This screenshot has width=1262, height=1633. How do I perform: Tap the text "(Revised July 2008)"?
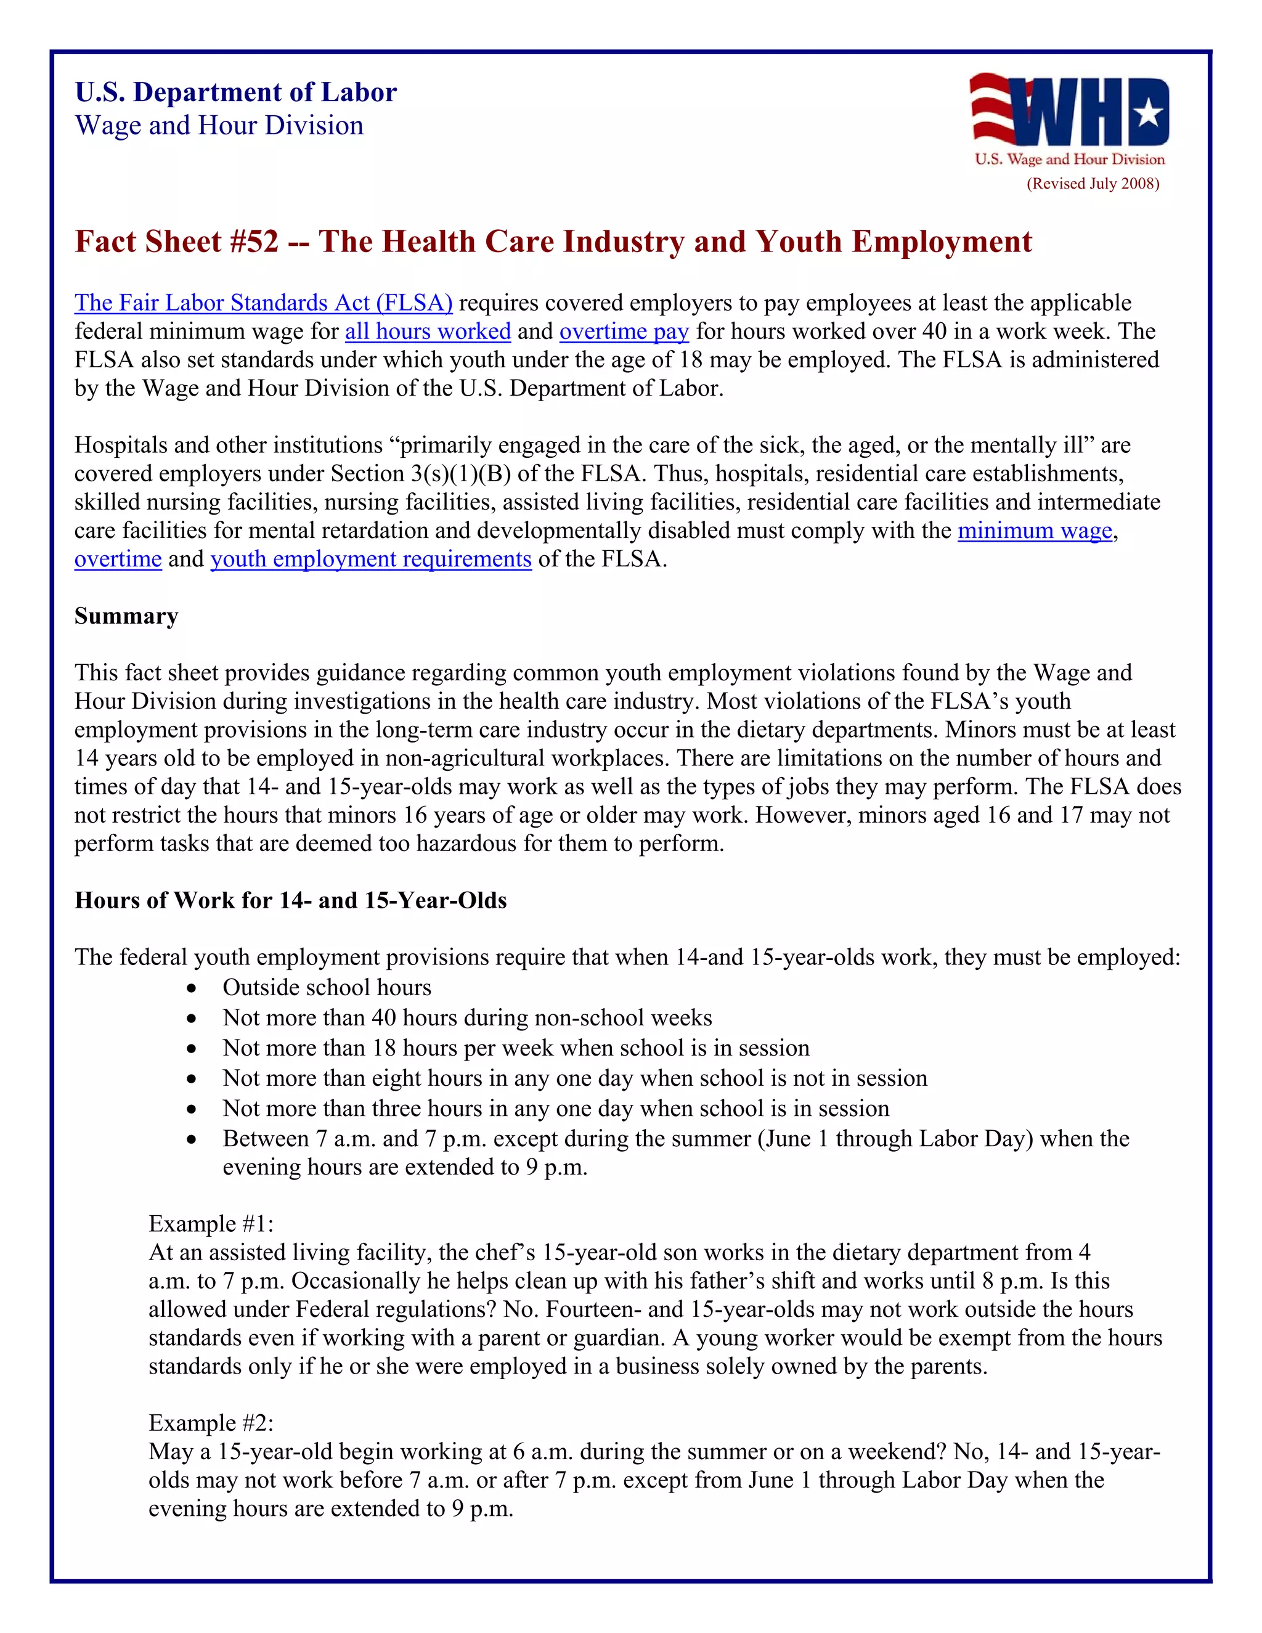pos(1093,184)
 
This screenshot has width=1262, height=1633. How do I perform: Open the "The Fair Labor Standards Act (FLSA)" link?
pos(263,303)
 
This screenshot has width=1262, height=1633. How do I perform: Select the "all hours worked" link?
pos(428,332)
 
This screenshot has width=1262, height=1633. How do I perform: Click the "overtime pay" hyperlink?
pos(624,332)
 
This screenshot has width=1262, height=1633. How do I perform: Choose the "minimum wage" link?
pos(1035,531)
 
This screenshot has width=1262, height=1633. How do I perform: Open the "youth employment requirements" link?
pos(371,560)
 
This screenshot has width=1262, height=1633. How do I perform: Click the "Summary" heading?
pos(126,616)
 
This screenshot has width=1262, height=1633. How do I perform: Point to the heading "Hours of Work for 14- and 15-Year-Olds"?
pos(290,900)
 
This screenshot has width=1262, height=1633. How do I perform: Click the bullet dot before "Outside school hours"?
pos(192,988)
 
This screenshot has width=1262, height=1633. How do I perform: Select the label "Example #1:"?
pos(211,1224)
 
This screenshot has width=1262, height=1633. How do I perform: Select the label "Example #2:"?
pos(211,1423)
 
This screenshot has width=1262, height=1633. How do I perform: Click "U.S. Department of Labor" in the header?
pos(235,92)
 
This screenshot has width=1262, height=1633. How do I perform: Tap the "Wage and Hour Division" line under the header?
pos(219,126)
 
